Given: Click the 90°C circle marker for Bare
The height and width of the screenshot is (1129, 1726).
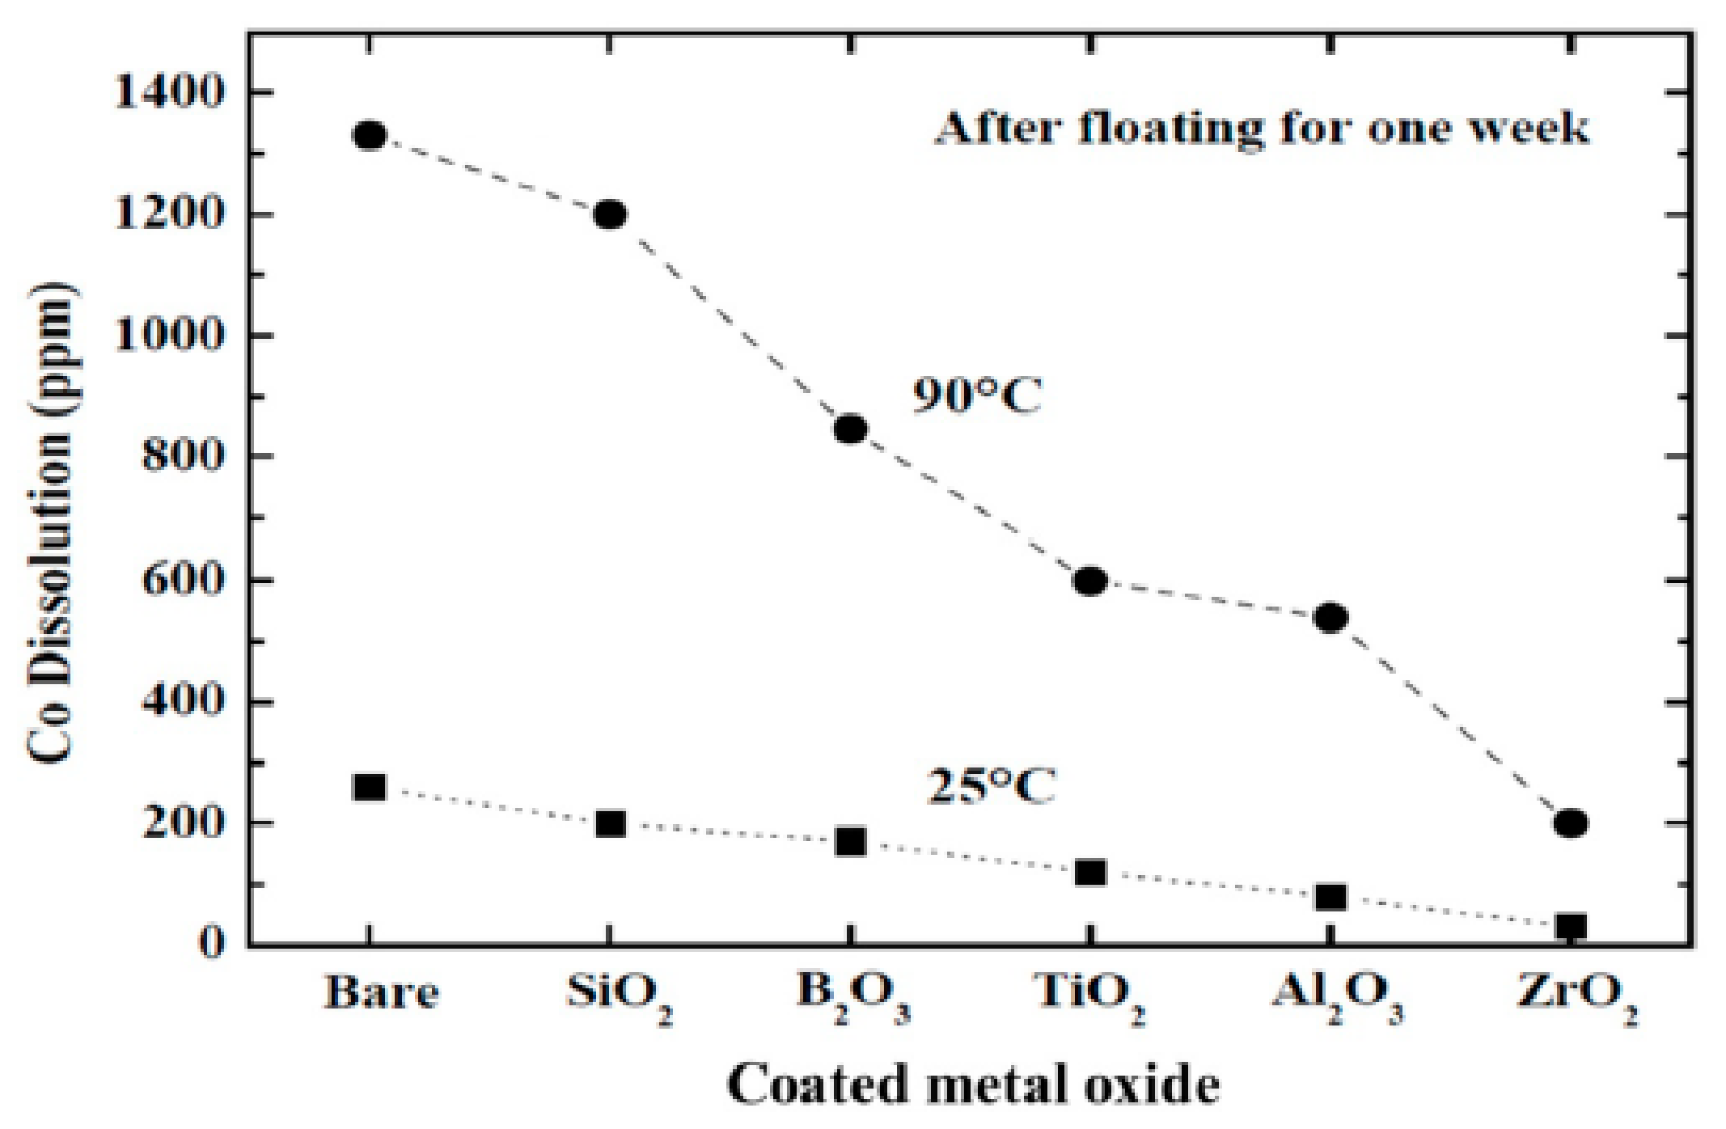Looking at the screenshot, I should point(370,135).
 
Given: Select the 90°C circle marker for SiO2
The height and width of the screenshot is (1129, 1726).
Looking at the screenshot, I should point(610,214).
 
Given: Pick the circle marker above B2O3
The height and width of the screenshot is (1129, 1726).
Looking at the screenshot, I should point(850,429).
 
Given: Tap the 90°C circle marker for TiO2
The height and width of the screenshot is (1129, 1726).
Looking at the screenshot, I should point(1090,581).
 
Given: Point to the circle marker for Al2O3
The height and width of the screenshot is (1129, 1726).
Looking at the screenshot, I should point(1330,618).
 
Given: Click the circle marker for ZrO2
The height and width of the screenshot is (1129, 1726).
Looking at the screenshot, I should point(1571,823).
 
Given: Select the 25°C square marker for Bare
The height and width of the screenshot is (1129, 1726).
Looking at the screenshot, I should point(370,787).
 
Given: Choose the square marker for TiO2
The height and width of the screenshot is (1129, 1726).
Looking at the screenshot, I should point(1090,873).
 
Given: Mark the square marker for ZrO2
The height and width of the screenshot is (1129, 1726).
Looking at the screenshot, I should point(1571,926).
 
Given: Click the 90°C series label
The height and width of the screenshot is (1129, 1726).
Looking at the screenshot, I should point(977,396).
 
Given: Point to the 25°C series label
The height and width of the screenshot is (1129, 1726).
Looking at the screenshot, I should point(990,785).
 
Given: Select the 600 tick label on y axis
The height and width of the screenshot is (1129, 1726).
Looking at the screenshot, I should point(181,581).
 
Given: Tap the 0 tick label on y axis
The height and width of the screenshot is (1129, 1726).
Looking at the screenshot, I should point(212,943).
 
